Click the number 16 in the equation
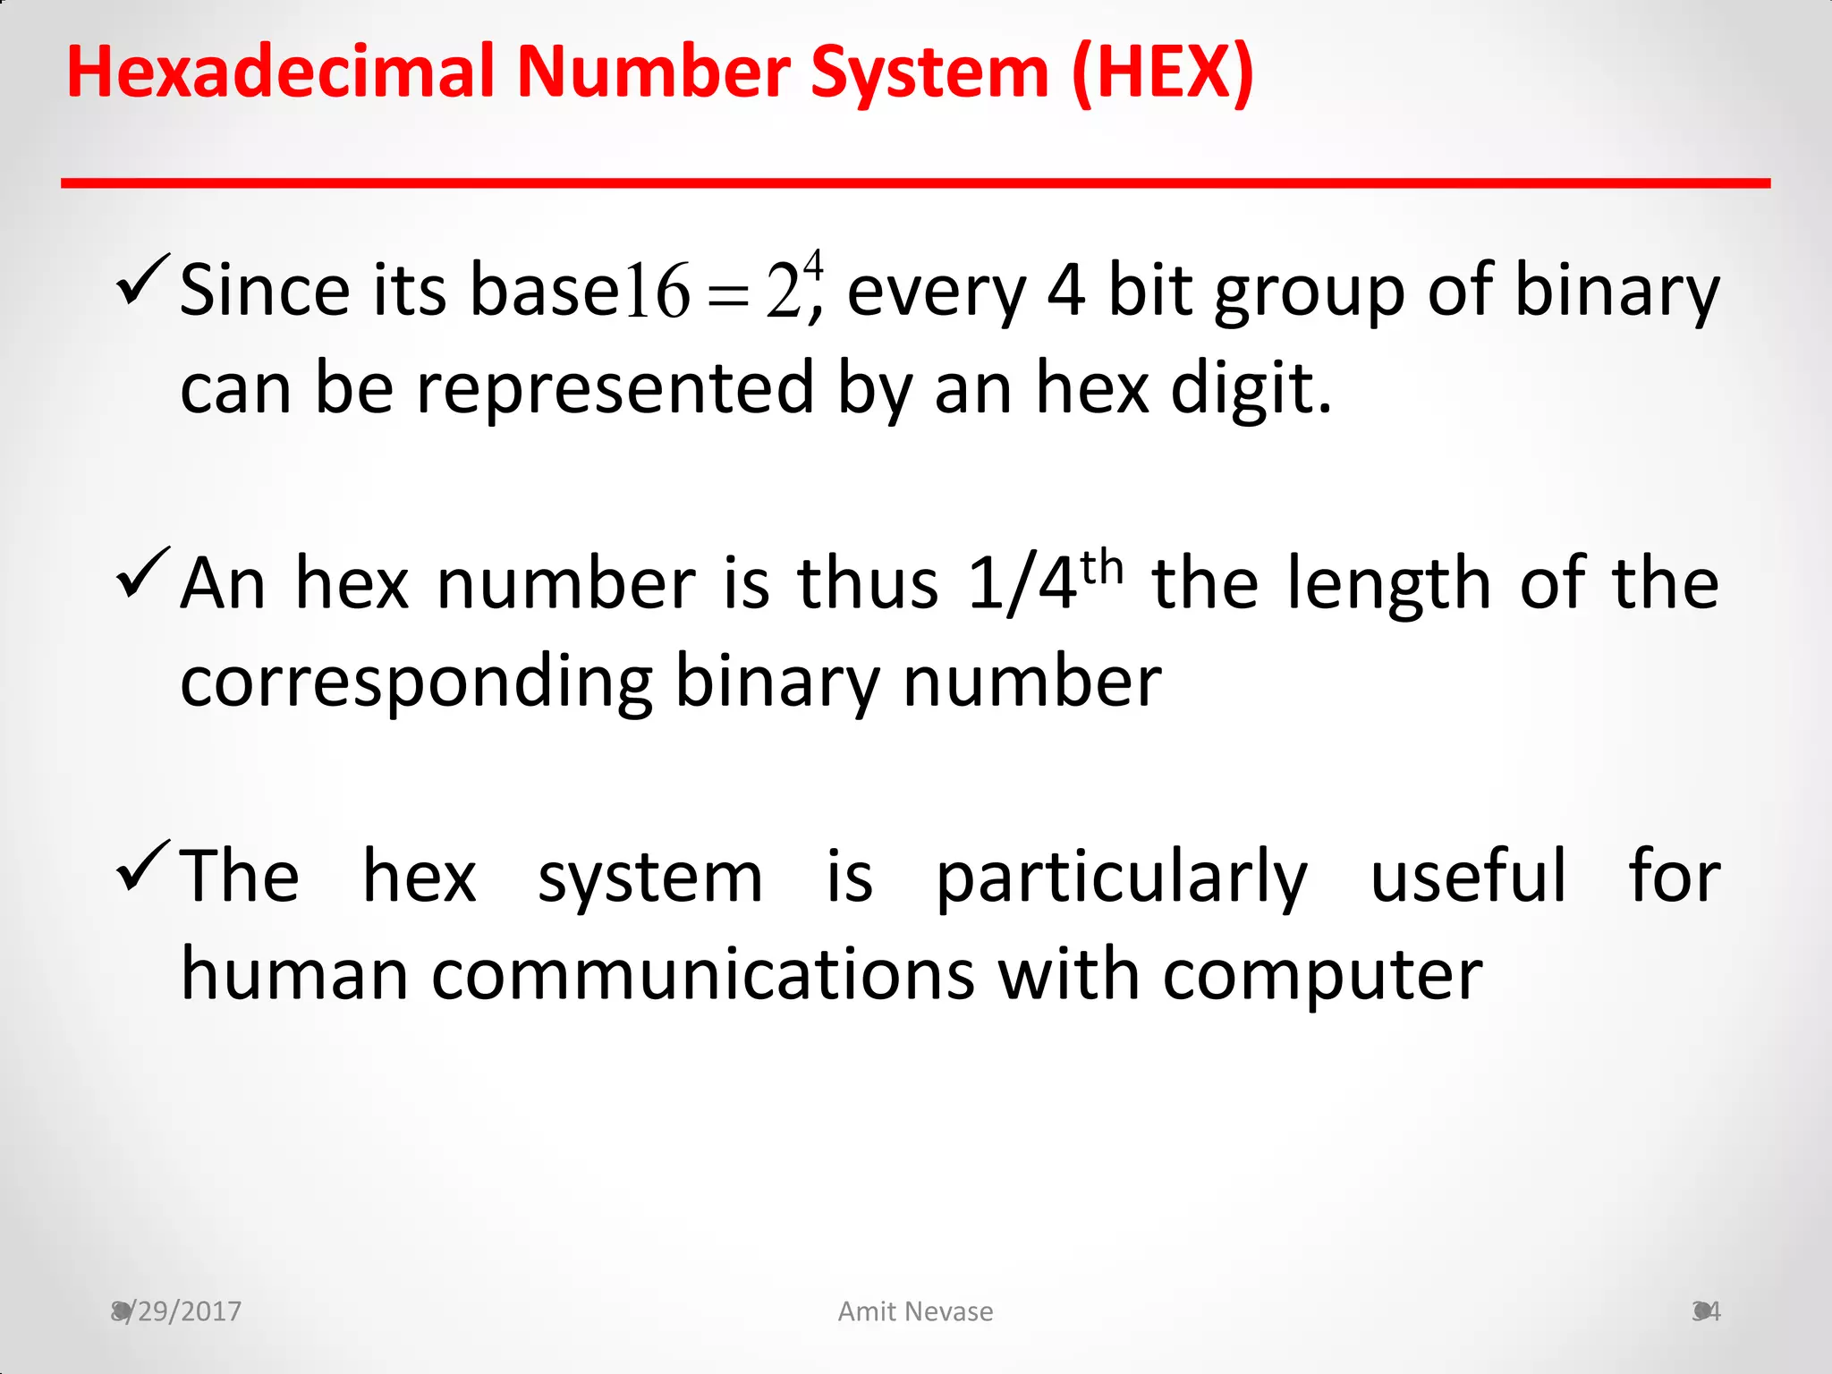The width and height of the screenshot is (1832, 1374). [657, 292]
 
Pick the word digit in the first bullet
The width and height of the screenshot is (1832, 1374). [1250, 389]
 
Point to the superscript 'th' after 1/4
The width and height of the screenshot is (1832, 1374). [1101, 566]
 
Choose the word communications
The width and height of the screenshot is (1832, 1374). [702, 974]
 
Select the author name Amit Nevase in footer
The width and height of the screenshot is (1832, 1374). [915, 1311]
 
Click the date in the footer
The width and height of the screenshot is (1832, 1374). [176, 1311]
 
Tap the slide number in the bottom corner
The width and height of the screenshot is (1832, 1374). [1706, 1311]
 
